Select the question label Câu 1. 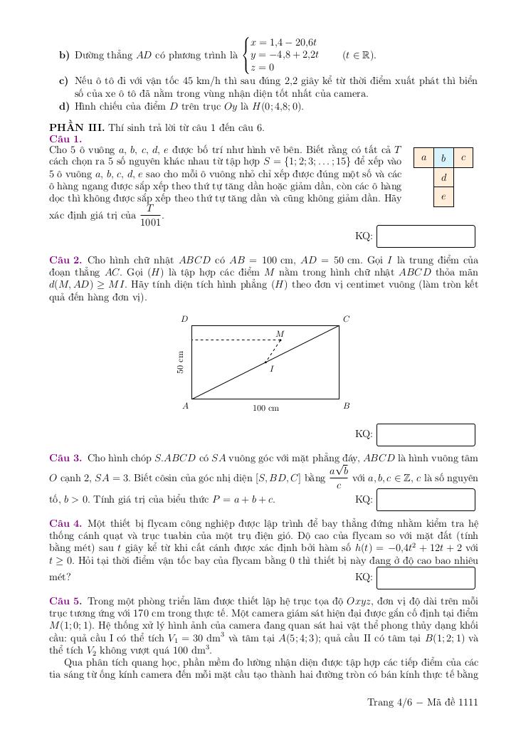click(x=65, y=139)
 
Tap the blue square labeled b click(x=443, y=158)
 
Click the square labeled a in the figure click(x=423, y=158)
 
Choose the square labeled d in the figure click(x=443, y=177)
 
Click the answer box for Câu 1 click(x=425, y=236)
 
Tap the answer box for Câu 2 click(x=425, y=434)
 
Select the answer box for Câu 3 click(x=425, y=499)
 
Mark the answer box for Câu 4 click(x=425, y=577)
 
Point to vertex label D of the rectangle click(x=184, y=320)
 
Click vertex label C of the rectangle click(x=347, y=320)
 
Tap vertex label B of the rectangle click(x=347, y=407)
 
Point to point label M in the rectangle click(x=280, y=334)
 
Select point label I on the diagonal click(x=272, y=369)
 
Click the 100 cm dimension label click(x=265, y=409)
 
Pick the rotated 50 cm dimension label click(x=181, y=362)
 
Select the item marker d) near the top click(x=63, y=107)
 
